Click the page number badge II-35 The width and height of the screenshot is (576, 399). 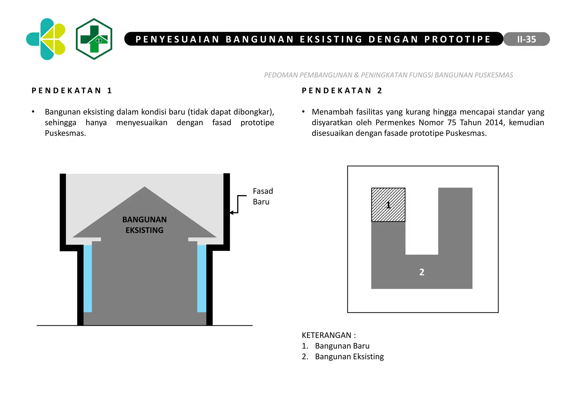[526, 39]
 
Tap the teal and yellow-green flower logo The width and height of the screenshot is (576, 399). [46, 39]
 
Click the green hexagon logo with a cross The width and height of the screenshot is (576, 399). [94, 39]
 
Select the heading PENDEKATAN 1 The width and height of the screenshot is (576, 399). [72, 91]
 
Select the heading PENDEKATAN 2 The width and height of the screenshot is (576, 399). [342, 91]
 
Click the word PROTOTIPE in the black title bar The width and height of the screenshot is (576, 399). [457, 39]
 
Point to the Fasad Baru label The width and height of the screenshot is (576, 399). [262, 196]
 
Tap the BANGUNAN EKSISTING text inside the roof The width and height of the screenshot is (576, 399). [144, 225]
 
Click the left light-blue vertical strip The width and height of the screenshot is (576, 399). [88, 278]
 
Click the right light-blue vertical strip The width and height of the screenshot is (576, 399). [202, 278]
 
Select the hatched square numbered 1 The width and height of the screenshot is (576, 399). [388, 205]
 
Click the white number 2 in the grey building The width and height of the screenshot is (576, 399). [422, 272]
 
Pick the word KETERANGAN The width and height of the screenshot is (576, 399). [327, 335]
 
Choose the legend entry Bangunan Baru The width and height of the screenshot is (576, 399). [342, 346]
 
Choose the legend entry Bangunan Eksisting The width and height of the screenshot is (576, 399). [349, 357]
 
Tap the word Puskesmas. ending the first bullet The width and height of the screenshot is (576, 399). [65, 133]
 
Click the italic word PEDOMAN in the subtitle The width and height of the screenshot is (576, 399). [281, 75]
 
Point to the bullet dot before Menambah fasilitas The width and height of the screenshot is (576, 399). [303, 112]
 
